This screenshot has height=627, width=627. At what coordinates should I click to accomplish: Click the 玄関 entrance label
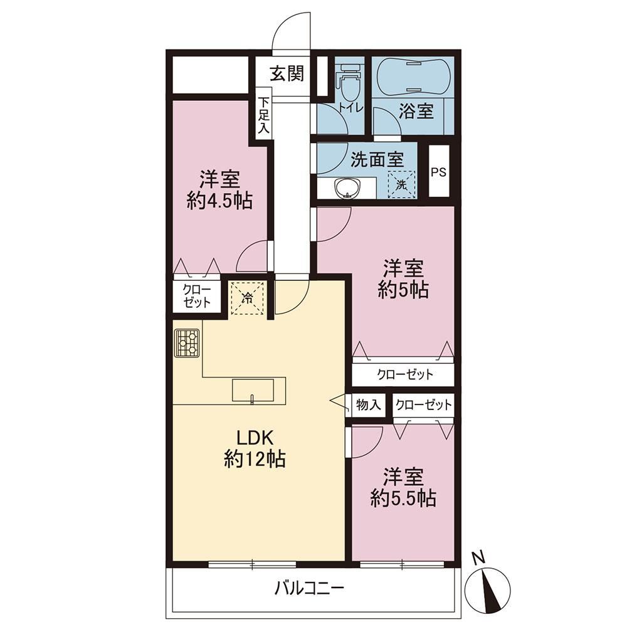click(x=287, y=73)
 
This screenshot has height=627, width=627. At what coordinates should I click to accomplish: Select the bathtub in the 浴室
click(x=414, y=76)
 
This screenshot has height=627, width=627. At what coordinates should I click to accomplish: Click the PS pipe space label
click(x=438, y=172)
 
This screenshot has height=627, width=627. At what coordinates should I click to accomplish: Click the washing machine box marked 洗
click(x=401, y=184)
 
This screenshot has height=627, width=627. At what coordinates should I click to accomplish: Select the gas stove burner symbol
click(x=187, y=343)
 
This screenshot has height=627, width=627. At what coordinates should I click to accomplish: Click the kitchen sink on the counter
click(x=253, y=390)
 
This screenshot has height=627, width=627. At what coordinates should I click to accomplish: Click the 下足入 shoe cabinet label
click(x=263, y=115)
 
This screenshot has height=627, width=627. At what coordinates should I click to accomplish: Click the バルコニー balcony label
click(x=309, y=588)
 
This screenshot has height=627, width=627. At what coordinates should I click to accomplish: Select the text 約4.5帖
click(x=220, y=201)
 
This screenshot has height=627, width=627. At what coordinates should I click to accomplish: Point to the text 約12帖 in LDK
click(x=255, y=459)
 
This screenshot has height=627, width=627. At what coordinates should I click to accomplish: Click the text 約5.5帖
click(x=403, y=498)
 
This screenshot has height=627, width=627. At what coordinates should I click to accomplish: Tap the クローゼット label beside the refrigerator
click(x=197, y=296)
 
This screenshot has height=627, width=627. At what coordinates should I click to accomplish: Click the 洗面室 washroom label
click(x=377, y=159)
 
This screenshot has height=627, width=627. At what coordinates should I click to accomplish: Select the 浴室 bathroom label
click(x=416, y=111)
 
